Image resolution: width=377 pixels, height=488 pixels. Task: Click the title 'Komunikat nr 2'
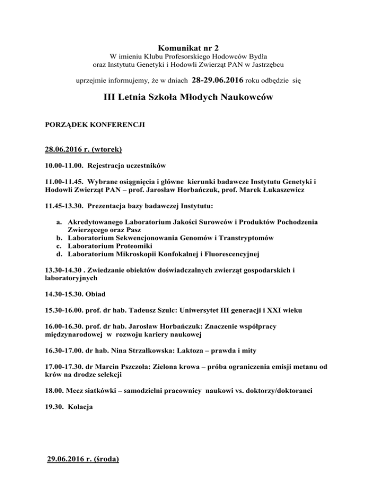tap(188, 49)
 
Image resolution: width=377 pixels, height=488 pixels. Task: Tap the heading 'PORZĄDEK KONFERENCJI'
tap(95, 125)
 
